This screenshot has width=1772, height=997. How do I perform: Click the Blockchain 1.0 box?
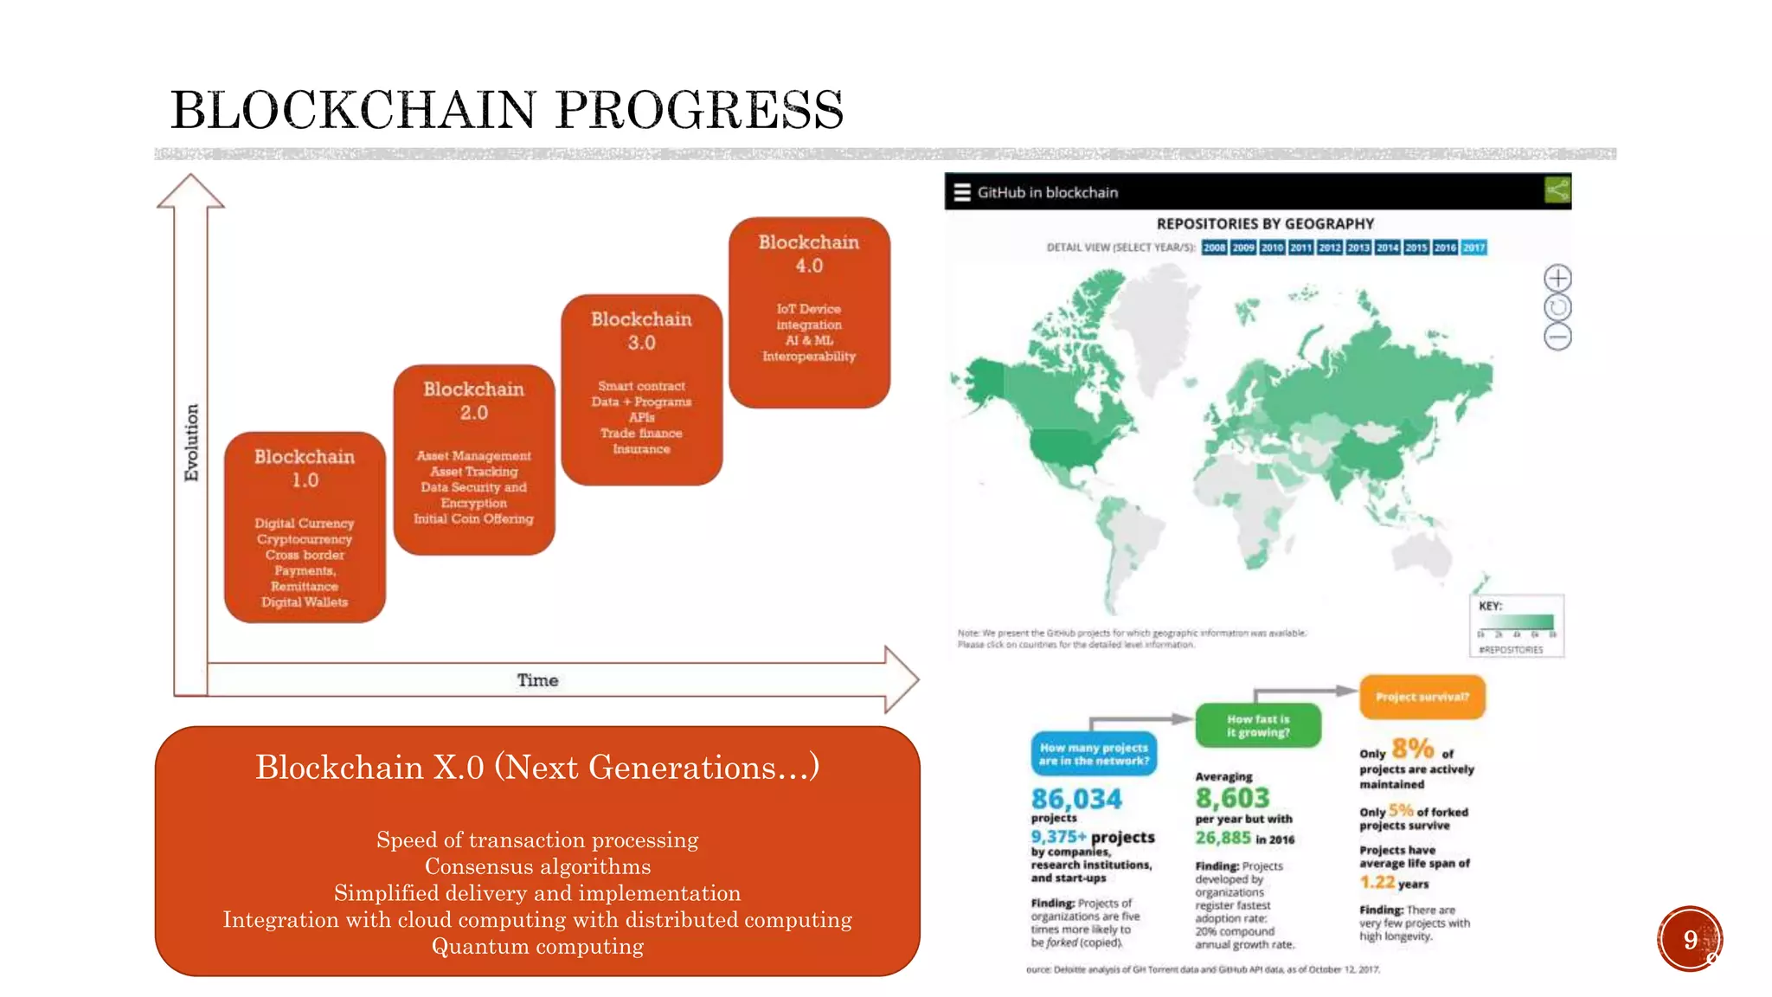(305, 527)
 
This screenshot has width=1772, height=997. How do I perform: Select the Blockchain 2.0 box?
(474, 460)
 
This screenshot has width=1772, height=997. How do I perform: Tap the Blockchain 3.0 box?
(641, 389)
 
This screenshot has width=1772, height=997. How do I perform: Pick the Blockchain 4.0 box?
(809, 312)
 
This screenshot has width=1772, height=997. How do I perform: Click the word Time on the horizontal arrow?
(537, 680)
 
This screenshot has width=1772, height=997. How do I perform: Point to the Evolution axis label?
(191, 442)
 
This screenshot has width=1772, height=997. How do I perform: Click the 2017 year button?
(1473, 248)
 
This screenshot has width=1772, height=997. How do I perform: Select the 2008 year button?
(1214, 248)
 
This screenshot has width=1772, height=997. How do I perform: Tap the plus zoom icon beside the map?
(1557, 278)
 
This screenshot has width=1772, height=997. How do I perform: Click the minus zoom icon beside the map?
(1557, 337)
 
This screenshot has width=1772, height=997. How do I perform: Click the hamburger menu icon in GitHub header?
(962, 192)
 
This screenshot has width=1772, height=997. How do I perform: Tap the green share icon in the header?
(1557, 190)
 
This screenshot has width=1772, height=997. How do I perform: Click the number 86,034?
(1076, 799)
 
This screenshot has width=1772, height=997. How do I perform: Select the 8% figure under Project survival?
(1412, 749)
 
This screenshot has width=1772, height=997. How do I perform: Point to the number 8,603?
(1232, 798)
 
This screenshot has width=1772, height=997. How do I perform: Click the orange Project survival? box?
(1422, 697)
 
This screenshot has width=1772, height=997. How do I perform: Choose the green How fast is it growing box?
(1258, 725)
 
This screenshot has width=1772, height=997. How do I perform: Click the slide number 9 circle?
(1690, 939)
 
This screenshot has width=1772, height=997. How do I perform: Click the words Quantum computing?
(537, 947)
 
